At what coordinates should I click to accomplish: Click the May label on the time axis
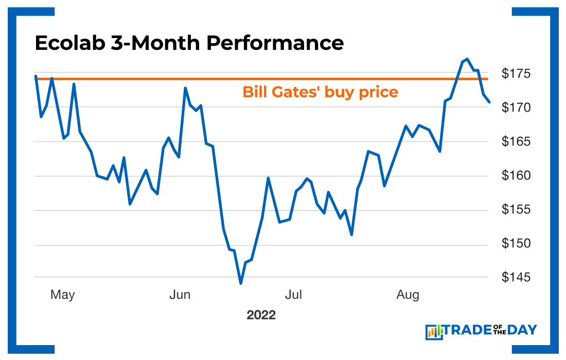click(x=62, y=295)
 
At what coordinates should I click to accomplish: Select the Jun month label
click(x=180, y=295)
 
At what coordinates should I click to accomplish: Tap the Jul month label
click(x=293, y=295)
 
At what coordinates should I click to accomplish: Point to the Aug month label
click(x=408, y=295)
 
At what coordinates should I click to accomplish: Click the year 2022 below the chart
click(x=261, y=315)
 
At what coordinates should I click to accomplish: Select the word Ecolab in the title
click(x=69, y=43)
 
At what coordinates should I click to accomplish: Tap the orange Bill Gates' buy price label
click(x=320, y=92)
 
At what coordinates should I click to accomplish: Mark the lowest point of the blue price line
click(x=240, y=283)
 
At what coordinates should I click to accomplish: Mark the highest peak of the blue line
click(x=467, y=59)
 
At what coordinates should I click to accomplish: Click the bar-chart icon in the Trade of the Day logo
click(x=434, y=332)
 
